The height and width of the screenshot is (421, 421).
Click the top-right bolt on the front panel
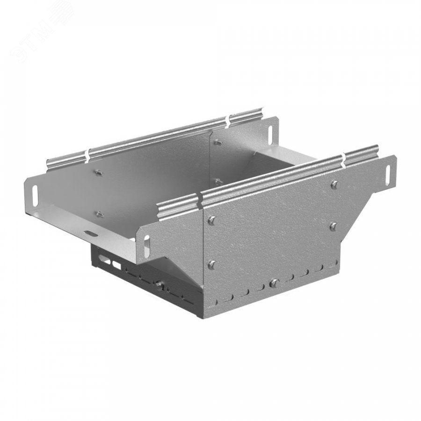[x=334, y=184]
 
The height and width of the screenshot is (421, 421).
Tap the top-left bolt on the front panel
[x=212, y=220]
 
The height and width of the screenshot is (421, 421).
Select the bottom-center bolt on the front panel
[x=274, y=283]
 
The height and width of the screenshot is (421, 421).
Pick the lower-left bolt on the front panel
[x=212, y=265]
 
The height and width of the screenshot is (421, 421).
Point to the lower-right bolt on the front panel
[x=334, y=226]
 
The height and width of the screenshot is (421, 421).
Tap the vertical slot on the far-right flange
[x=388, y=174]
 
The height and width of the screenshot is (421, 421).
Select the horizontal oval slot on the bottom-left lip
[x=92, y=234]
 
